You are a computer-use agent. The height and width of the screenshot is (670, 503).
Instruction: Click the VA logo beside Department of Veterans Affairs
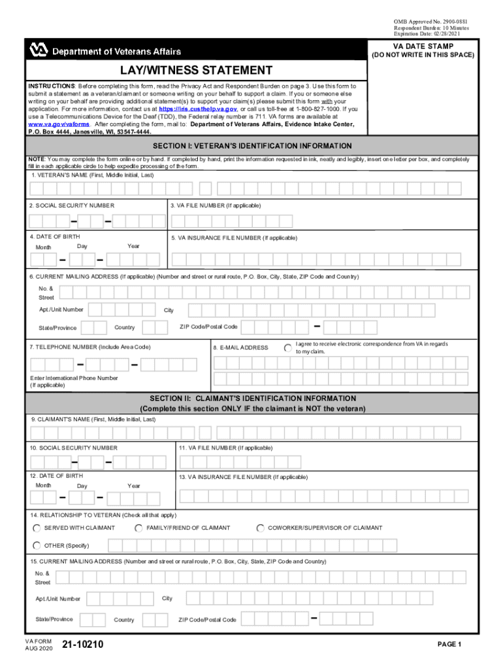coord(38,50)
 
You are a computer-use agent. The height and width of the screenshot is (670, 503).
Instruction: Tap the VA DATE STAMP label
coord(422,46)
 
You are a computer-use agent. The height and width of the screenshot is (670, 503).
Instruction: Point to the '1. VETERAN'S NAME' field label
coord(92,175)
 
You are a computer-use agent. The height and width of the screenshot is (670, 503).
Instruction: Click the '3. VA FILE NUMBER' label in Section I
coord(216,205)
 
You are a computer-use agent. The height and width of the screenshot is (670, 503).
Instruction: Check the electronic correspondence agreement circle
coord(288,347)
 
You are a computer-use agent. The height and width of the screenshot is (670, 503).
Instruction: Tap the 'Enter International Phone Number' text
coord(74,378)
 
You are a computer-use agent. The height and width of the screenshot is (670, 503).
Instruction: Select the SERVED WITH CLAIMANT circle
coord(37,528)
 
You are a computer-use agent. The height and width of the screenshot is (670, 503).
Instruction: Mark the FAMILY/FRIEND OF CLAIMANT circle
coord(138,528)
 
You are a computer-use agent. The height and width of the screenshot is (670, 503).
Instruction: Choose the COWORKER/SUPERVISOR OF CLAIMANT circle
coord(260,528)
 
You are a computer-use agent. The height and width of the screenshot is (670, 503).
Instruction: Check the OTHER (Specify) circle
coord(37,546)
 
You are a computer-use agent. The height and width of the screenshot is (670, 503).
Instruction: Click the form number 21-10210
coord(82,646)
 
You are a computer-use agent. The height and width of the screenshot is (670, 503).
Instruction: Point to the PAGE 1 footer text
coord(449,644)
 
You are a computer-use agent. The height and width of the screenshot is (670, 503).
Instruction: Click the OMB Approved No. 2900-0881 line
coord(430,22)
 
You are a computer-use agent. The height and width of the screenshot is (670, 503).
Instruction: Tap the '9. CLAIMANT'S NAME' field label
coord(93,419)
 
